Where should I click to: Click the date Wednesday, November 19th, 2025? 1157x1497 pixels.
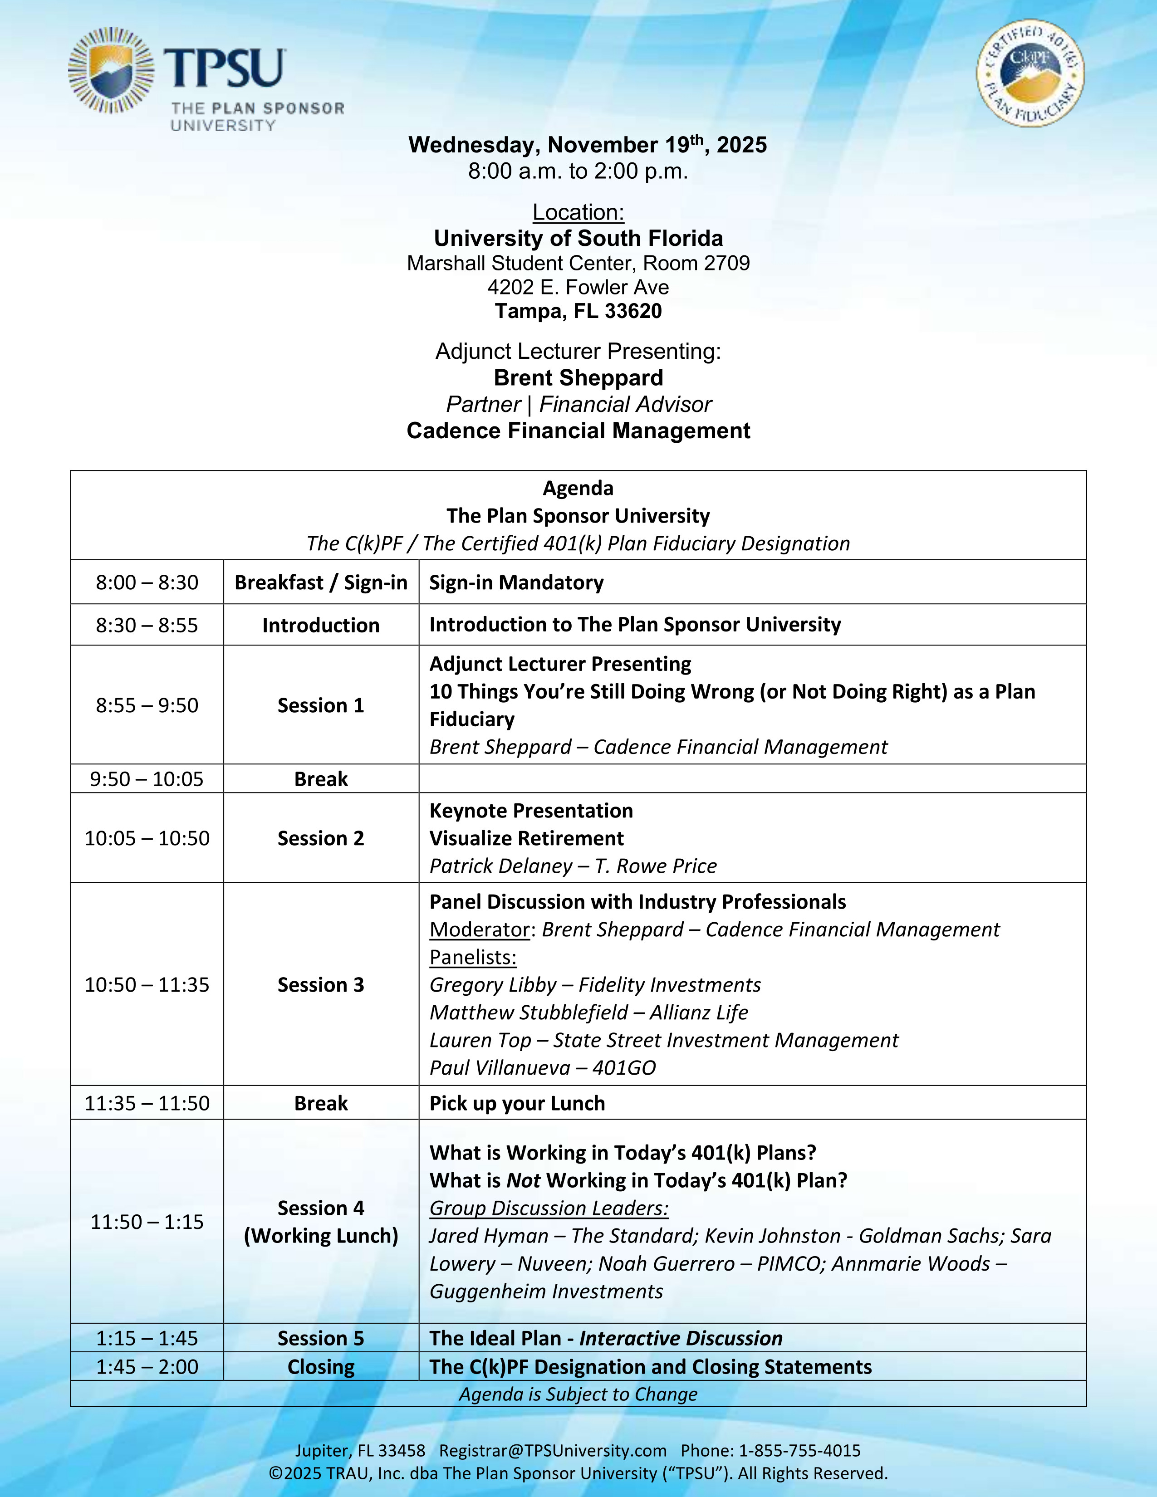tap(588, 145)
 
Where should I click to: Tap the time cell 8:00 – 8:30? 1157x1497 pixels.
tap(147, 582)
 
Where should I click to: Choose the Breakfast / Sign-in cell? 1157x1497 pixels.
tap(321, 582)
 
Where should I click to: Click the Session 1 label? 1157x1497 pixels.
tap(321, 705)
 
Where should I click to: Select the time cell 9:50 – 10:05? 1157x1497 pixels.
tap(147, 779)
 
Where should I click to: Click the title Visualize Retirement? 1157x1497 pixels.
tap(526, 838)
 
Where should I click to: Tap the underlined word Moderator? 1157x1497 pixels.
tap(479, 930)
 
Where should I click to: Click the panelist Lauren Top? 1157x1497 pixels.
tap(480, 1041)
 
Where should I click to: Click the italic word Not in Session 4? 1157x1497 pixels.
tap(523, 1180)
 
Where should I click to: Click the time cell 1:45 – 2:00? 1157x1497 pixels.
tap(147, 1367)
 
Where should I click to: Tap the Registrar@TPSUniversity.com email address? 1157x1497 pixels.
tap(553, 1450)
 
